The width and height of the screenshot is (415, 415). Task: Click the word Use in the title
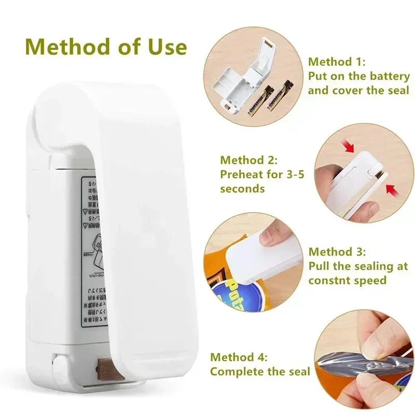tap(164, 47)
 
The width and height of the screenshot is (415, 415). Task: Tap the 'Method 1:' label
tap(337, 62)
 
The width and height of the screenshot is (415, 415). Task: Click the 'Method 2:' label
tap(249, 160)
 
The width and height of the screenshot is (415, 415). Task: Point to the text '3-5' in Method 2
tap(294, 174)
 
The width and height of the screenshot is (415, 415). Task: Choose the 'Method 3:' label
tap(337, 252)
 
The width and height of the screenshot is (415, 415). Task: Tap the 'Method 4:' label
tap(239, 357)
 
